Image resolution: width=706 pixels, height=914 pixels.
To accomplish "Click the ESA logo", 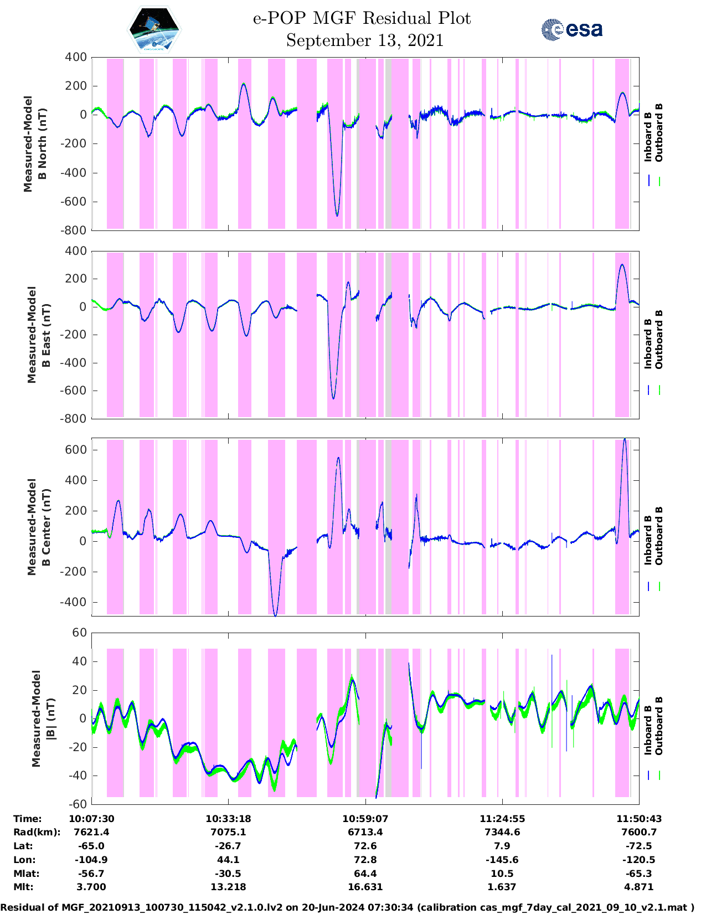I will coord(571,29).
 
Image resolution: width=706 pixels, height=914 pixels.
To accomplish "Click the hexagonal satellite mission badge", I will coord(154,30).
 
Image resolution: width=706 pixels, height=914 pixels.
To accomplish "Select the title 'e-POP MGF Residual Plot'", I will coord(362,18).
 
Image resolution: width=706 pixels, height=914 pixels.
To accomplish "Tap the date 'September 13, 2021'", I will coord(365,40).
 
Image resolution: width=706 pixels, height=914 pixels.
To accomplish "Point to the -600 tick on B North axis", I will coord(75,202).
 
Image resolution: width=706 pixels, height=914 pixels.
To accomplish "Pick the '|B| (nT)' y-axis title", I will coord(43,718).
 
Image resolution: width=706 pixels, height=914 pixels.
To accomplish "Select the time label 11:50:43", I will coord(639,819).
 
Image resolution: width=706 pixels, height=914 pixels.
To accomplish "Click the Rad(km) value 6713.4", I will coord(365,832).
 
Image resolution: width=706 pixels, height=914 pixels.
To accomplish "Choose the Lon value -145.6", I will coord(502,860).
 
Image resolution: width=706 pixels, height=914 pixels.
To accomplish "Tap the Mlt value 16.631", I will coord(365,887).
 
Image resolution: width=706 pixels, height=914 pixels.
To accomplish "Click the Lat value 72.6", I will coord(365,846).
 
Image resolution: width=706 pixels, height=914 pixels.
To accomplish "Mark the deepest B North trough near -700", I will coord(337,215).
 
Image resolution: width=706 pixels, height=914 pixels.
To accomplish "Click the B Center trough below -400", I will coord(276,614).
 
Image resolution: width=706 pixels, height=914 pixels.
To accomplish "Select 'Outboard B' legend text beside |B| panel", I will coord(659,726).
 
